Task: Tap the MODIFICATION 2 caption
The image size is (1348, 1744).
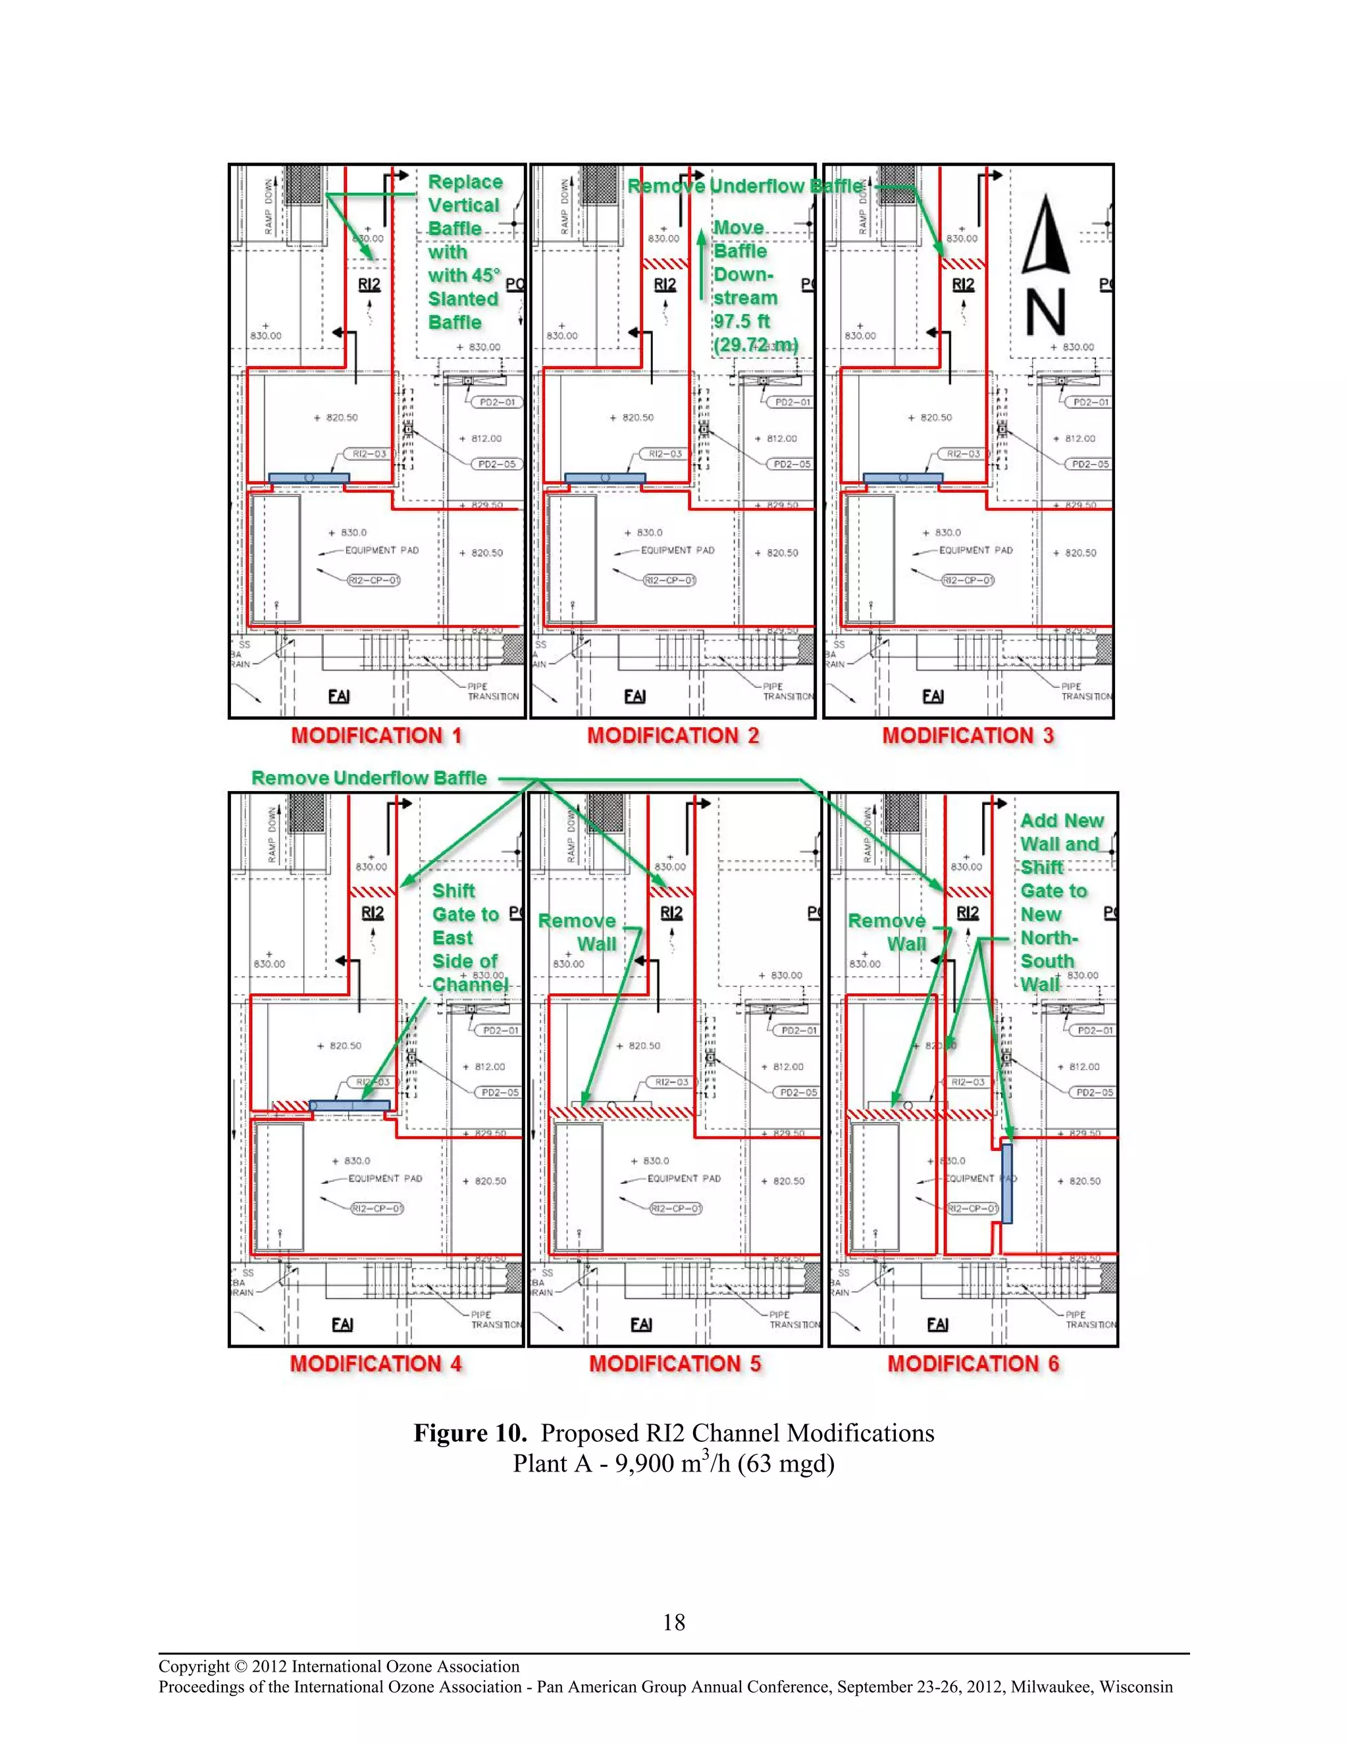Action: pos(673,736)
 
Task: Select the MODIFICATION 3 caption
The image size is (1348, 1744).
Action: pos(967,736)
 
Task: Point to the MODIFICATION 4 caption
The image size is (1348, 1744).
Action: pos(375,1363)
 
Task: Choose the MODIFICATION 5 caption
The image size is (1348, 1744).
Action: pos(675,1363)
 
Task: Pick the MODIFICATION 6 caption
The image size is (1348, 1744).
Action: pos(973,1363)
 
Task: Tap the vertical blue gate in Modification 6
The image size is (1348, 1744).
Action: pos(1007,1183)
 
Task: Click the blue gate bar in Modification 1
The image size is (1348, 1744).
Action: pos(309,478)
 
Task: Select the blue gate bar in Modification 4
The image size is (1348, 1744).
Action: pos(350,1105)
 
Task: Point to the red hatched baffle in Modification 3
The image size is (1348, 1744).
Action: pos(963,263)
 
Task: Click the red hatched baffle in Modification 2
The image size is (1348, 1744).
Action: pos(666,263)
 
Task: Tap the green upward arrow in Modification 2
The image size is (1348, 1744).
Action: pos(700,263)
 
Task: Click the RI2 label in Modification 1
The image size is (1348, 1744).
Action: pos(369,284)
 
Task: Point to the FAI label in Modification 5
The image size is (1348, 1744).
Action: pos(641,1324)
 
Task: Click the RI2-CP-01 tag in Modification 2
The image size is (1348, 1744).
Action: pos(670,580)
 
